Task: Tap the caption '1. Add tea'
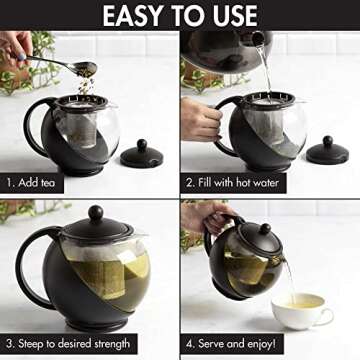(x=40, y=183)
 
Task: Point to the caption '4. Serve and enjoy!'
(x=252, y=344)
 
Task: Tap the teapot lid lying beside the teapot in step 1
(x=141, y=155)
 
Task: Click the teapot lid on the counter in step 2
(x=328, y=151)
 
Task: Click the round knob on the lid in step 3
(x=95, y=213)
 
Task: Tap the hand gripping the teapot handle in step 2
(x=199, y=118)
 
